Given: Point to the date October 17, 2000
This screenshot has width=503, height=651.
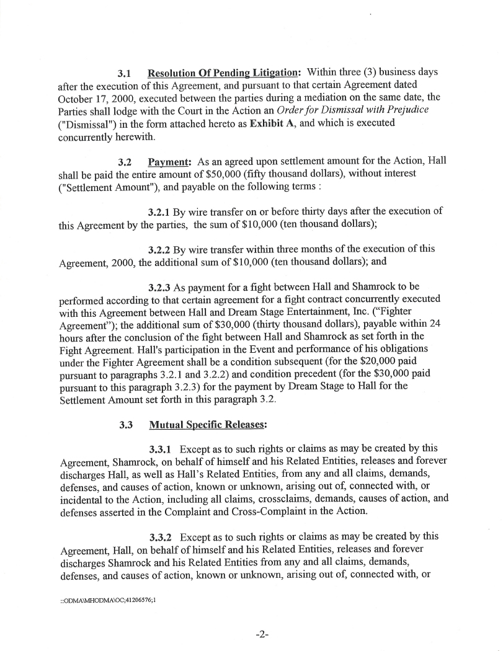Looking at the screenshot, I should coord(97,97).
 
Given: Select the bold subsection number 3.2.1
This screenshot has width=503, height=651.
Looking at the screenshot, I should coord(159,211).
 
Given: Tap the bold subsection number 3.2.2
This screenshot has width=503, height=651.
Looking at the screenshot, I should coord(159,249).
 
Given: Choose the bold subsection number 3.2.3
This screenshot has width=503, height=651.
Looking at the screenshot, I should coord(159,287).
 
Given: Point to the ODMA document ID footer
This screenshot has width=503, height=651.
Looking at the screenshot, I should coord(112,600).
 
